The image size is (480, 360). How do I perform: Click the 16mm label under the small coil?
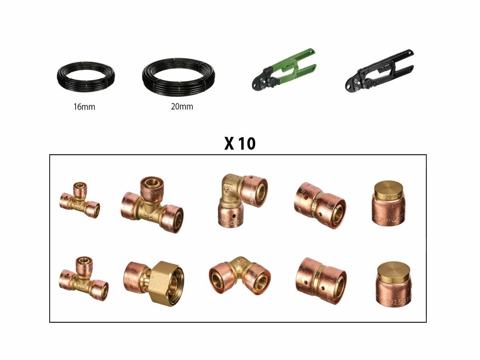point(85,107)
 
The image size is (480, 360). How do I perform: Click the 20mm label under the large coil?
point(182,106)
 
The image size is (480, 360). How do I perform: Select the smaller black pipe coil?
point(85,77)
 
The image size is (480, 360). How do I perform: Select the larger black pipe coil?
point(178,77)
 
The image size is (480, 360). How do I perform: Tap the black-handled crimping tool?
point(379,70)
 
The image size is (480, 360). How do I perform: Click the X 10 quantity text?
point(240,144)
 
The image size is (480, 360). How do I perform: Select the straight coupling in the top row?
point(320,205)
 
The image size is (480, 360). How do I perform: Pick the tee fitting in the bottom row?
point(83,278)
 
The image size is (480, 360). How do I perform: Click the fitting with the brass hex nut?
point(154,283)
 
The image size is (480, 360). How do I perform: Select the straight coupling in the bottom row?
point(321,280)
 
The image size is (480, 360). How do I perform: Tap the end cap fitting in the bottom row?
point(394,284)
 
